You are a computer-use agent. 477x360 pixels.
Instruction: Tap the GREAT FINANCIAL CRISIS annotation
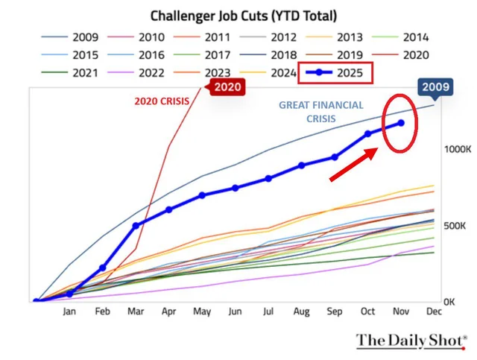pos(322,112)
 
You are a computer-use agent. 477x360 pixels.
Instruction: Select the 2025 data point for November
pos(401,123)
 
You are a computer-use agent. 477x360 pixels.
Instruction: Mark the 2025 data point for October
pos(367,134)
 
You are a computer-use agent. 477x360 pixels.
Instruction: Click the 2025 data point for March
pos(136,225)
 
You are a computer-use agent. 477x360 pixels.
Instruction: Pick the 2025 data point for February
pos(102,268)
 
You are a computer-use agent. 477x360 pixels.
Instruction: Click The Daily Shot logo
pos(411,341)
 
